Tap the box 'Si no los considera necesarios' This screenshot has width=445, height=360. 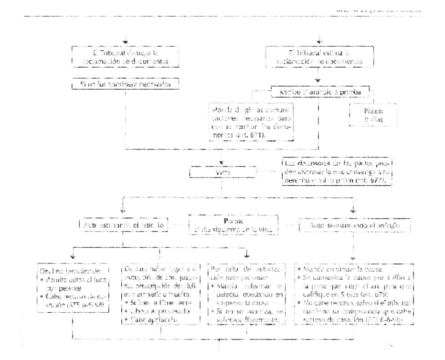126,83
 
